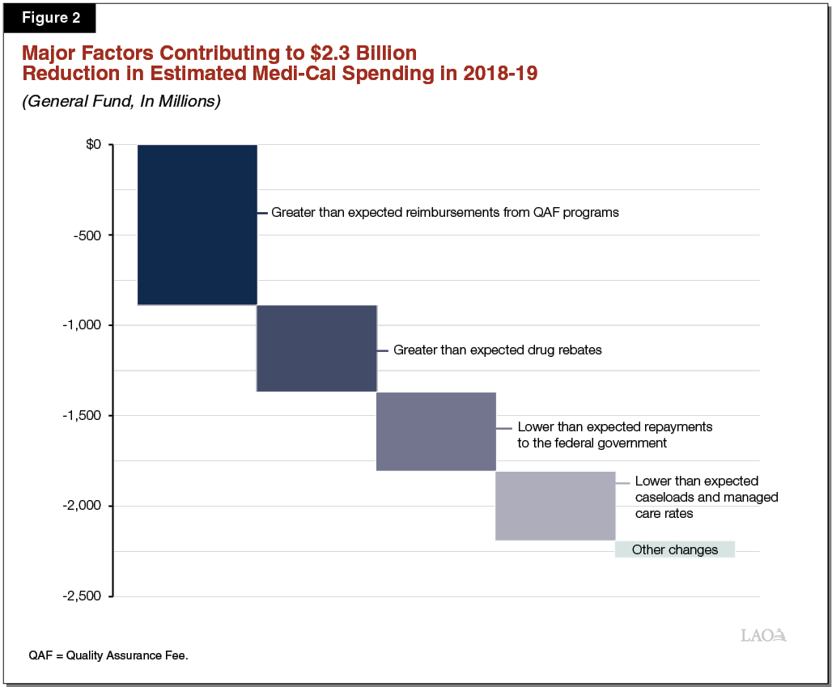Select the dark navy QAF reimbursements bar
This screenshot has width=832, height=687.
click(197, 224)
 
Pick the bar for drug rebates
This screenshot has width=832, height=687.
click(316, 348)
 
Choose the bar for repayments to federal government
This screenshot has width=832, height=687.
click(436, 431)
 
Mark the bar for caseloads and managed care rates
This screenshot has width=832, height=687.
click(555, 506)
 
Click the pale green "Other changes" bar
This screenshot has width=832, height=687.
click(674, 549)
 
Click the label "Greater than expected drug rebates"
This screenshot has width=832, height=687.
click(497, 350)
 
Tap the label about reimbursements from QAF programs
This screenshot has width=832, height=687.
click(444, 213)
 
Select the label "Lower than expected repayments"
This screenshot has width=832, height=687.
click(614, 426)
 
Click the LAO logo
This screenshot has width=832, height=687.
click(763, 635)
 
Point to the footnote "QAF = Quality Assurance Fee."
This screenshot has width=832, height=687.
click(108, 655)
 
